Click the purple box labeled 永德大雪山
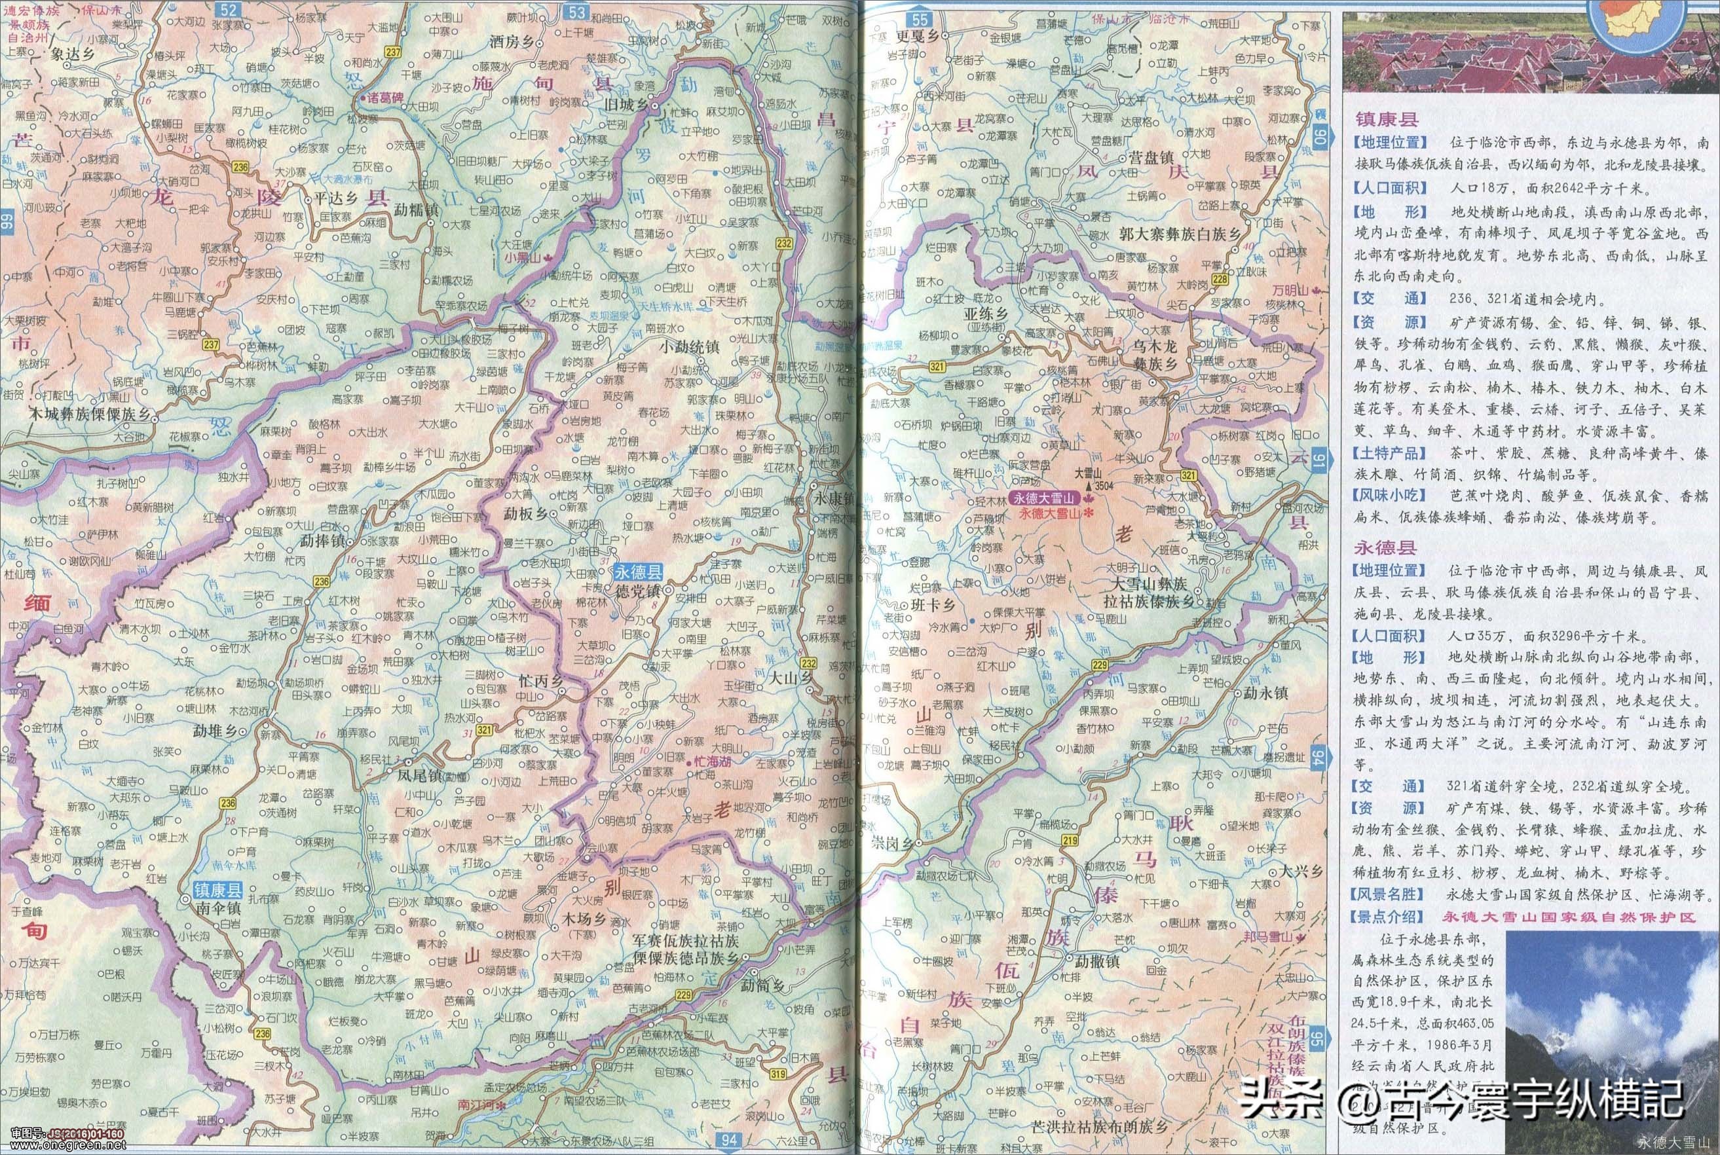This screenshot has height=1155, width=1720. tap(1045, 497)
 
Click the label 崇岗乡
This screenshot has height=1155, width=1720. tap(891, 843)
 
